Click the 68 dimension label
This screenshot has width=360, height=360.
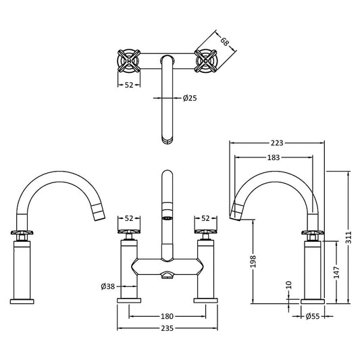click(225, 42)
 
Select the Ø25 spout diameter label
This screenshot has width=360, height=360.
click(190, 98)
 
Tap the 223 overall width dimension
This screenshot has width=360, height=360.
click(277, 143)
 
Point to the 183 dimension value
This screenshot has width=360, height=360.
click(274, 157)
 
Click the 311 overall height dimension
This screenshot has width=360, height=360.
click(349, 238)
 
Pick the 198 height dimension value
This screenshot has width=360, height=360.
click(253, 261)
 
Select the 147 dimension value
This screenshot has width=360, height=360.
click(336, 272)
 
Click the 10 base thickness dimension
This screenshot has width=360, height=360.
click(289, 285)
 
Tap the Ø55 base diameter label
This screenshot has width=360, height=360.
click(313, 316)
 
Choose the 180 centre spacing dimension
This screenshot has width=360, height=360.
click(167, 316)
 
